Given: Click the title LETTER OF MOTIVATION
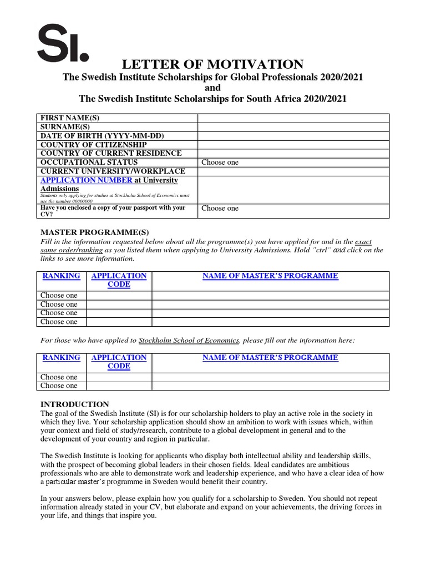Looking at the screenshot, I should tap(212, 64).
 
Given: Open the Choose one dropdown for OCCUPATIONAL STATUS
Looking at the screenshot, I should tap(220, 163).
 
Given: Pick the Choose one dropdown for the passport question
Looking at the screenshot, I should tap(220, 208).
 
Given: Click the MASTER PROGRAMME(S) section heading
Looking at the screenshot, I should tap(95, 232).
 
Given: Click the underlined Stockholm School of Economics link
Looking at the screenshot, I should tap(189, 340).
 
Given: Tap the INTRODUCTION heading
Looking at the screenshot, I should tap(75, 404).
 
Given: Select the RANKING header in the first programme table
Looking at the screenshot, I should tap(61, 276).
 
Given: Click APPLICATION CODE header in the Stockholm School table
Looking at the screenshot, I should tap(119, 362).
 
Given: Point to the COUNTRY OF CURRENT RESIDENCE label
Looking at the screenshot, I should tap(110, 154).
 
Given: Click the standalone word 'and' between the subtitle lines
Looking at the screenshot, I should tap(212, 88).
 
